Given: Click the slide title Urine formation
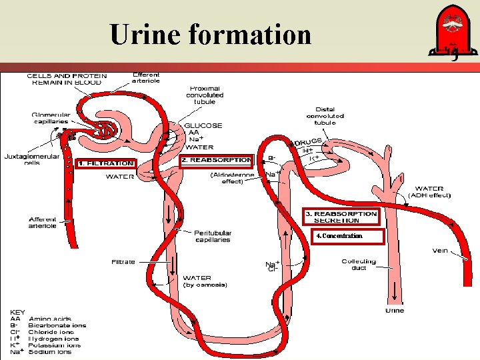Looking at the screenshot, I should pyautogui.click(x=211, y=34).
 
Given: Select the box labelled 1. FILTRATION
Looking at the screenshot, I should pyautogui.click(x=106, y=163).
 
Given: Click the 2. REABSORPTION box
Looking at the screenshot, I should pyautogui.click(x=217, y=160).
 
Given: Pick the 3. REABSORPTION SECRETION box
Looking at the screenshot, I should pyautogui.click(x=341, y=217).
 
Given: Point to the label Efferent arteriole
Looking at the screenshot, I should pyautogui.click(x=146, y=78).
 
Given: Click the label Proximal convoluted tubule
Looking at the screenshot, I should pyautogui.click(x=205, y=95).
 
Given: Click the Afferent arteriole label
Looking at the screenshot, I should pyautogui.click(x=42, y=222).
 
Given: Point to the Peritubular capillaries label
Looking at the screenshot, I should pyautogui.click(x=213, y=236).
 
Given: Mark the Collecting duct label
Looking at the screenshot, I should pyautogui.click(x=359, y=265).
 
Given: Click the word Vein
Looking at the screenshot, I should pyautogui.click(x=439, y=251).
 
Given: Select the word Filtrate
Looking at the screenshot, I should pyautogui.click(x=123, y=262).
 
